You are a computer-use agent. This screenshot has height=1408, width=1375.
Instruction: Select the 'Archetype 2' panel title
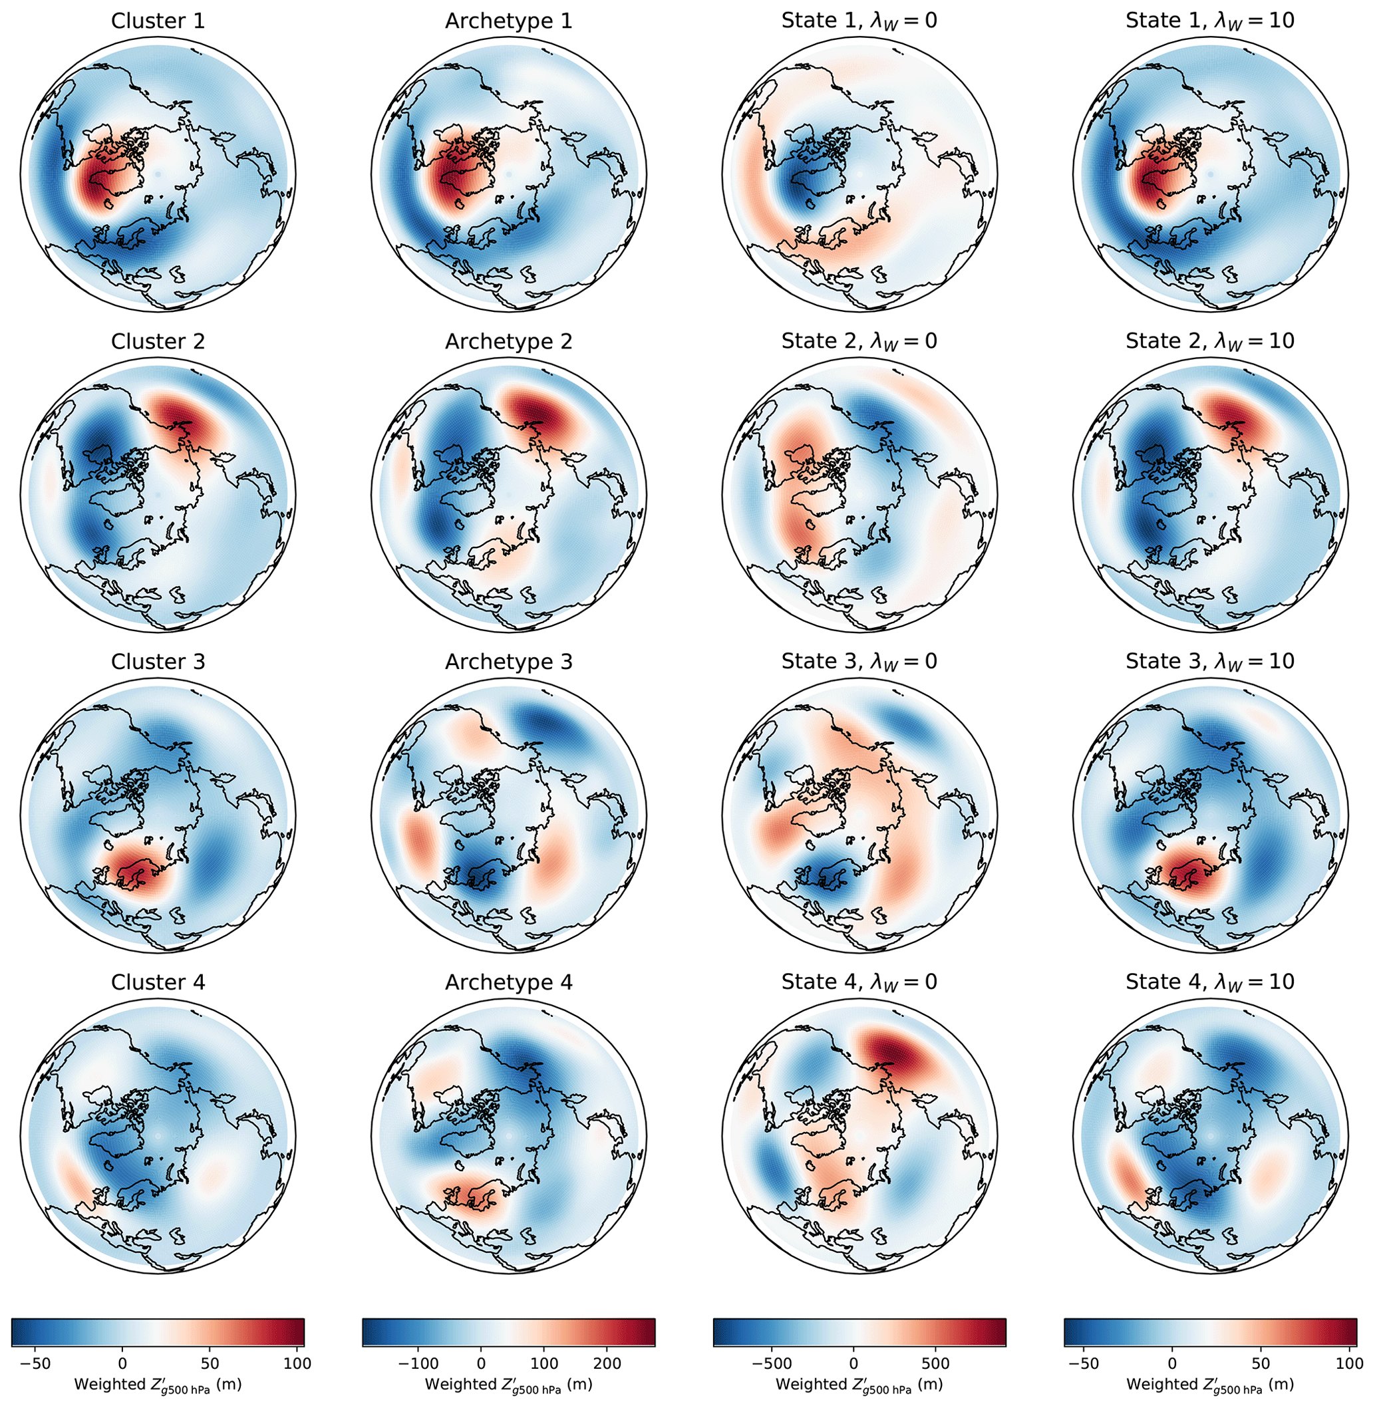coord(508,342)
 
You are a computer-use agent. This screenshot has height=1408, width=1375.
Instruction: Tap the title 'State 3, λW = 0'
coord(859,661)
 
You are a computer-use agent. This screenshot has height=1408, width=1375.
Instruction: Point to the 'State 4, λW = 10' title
coord(1209,982)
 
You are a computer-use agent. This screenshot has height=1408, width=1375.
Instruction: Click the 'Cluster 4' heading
coord(158,982)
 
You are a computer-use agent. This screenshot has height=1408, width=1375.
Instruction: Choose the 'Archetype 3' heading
coord(508,661)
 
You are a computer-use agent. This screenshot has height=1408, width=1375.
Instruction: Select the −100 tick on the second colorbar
coord(419,1363)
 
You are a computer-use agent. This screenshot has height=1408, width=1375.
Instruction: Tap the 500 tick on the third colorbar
coord(936,1363)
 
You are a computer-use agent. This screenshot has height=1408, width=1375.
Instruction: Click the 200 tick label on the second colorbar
coord(607,1363)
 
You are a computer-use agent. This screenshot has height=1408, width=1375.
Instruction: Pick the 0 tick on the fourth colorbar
coord(1172,1363)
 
